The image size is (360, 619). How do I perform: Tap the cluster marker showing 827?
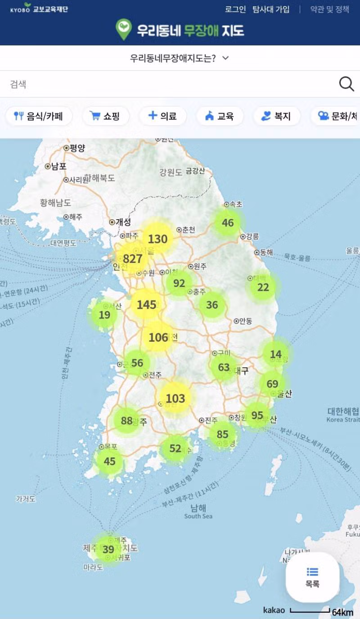(x=132, y=259)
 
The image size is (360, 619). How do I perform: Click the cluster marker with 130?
(x=157, y=239)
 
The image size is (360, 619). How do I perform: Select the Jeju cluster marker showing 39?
(x=108, y=549)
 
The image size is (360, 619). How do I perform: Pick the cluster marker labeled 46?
(x=228, y=222)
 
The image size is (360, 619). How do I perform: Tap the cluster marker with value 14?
(x=275, y=354)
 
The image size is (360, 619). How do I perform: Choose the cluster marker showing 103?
(x=175, y=398)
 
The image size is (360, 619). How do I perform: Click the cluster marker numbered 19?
(x=104, y=315)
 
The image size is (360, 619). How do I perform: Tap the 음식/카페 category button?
(x=39, y=116)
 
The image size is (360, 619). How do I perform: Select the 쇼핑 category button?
(x=106, y=116)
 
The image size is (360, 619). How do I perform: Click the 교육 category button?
(x=220, y=116)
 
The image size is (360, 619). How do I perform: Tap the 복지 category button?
(x=276, y=116)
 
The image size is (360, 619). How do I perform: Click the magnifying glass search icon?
(x=346, y=84)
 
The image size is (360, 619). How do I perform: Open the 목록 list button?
(x=312, y=577)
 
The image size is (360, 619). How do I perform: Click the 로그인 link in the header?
(x=235, y=9)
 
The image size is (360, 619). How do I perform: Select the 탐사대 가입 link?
(x=271, y=9)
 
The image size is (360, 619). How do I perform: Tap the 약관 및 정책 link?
(x=329, y=9)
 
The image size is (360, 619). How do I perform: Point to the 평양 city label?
(x=77, y=148)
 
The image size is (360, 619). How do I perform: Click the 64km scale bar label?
(x=342, y=612)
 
